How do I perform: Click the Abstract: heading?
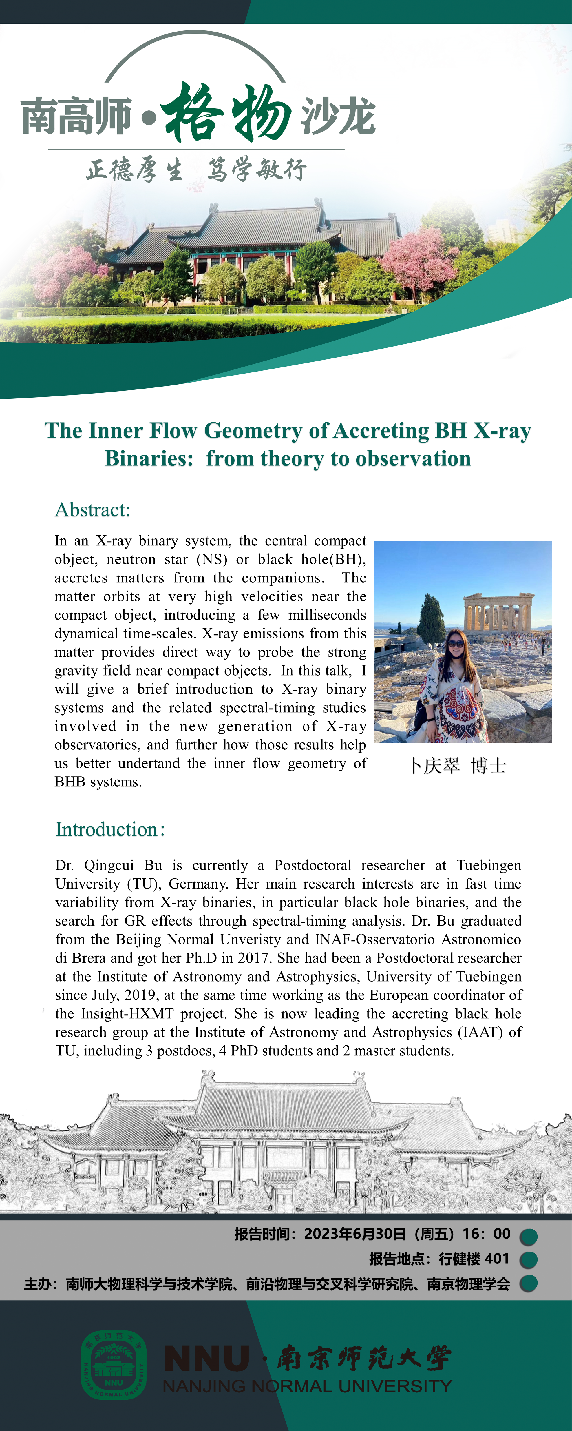point(92,509)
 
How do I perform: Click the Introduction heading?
point(109,829)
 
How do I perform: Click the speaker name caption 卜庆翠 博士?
point(458,766)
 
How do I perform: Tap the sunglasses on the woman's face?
point(455,643)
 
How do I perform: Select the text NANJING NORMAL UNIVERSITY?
point(307,1387)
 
